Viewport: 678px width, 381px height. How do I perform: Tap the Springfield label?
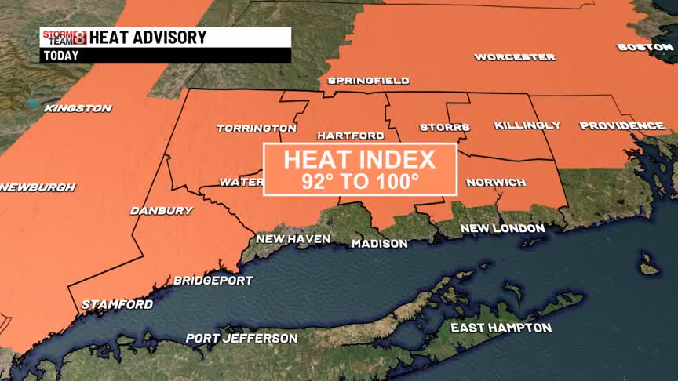click(368, 81)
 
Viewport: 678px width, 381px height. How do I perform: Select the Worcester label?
click(515, 57)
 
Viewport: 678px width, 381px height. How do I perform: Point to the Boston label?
click(645, 47)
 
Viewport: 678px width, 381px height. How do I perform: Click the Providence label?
click(622, 125)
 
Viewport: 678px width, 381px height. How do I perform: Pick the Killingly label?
click(527, 125)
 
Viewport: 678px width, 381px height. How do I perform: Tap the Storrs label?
click(444, 127)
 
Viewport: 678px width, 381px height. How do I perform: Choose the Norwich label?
click(496, 183)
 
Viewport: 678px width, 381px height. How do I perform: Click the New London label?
click(502, 228)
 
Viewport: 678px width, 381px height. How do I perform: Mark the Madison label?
click(379, 244)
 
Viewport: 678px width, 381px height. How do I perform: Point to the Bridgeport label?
click(213, 280)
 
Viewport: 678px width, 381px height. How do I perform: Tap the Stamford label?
click(117, 304)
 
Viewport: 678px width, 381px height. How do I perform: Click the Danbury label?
click(162, 210)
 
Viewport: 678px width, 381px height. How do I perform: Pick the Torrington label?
click(257, 128)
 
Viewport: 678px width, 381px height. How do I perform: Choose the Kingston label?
click(78, 108)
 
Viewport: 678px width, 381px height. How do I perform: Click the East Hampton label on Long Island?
click(501, 328)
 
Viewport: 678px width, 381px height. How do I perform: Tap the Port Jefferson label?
click(242, 339)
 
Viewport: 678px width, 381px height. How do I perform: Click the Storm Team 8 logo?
click(64, 37)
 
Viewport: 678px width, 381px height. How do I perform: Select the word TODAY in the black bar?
click(60, 56)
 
